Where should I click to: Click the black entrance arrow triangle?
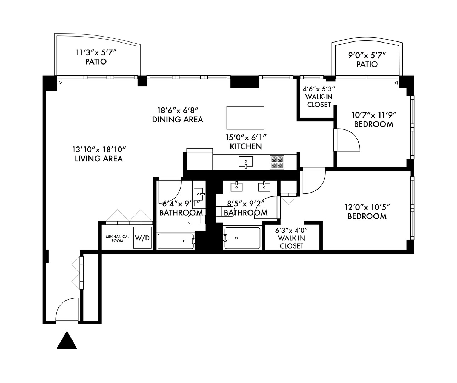click(x=67, y=341)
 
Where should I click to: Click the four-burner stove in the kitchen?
click(x=277, y=162)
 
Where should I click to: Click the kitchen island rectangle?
click(x=245, y=118)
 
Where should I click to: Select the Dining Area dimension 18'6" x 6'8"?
click(x=177, y=110)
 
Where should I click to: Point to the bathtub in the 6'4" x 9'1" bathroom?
click(x=176, y=241)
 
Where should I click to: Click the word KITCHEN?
click(x=246, y=146)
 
